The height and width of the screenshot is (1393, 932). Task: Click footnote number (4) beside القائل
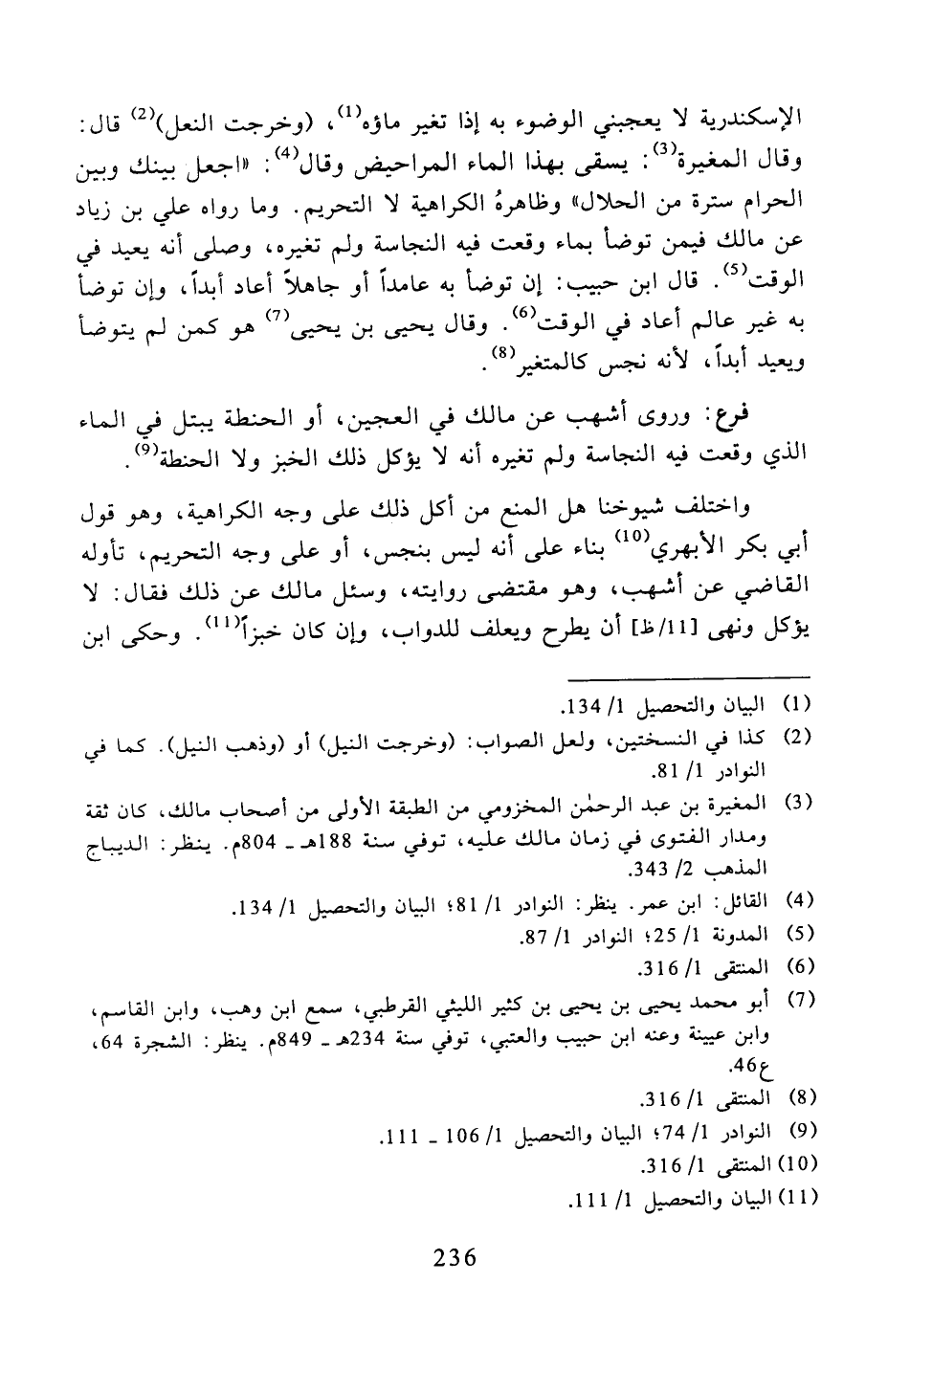click(799, 901)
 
